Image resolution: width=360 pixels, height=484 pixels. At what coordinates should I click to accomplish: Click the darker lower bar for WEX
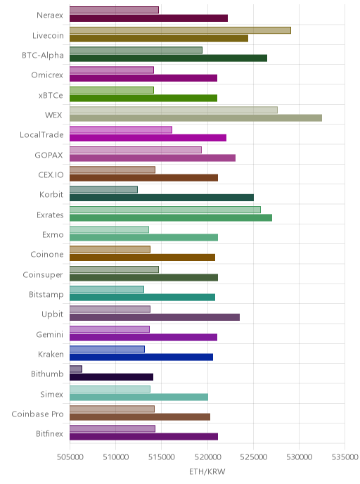(x=195, y=118)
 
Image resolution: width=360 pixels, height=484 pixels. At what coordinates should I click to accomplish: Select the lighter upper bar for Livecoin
(x=180, y=30)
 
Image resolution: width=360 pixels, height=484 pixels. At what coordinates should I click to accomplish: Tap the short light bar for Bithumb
(x=76, y=369)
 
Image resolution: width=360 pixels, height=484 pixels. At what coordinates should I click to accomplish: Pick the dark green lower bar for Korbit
(x=162, y=198)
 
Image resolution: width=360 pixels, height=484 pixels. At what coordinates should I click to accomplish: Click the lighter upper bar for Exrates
(x=165, y=210)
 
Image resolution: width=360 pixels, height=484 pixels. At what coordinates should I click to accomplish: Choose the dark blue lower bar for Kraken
(x=141, y=357)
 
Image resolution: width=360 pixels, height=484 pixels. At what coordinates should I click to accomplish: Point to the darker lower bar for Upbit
(x=155, y=317)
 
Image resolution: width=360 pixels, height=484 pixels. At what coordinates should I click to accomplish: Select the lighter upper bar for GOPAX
(x=136, y=150)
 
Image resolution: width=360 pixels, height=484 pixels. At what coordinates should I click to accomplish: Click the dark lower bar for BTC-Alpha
(x=169, y=58)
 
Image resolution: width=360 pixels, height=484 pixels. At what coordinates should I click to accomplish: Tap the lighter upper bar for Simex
(x=110, y=389)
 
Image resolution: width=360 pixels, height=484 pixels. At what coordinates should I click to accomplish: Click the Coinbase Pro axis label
(x=38, y=414)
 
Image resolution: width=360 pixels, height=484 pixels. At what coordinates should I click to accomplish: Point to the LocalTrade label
(x=41, y=135)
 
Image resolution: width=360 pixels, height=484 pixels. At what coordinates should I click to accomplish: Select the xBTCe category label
(x=51, y=95)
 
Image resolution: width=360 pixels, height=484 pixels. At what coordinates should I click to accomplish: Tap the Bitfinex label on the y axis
(x=49, y=433)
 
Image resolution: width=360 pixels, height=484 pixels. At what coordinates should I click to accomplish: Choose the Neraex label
(x=50, y=15)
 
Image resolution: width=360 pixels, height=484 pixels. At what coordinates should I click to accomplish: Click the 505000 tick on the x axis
(x=70, y=457)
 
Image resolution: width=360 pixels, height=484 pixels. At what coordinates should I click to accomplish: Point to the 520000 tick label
(x=207, y=457)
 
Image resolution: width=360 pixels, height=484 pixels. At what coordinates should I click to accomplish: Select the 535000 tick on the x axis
(x=345, y=457)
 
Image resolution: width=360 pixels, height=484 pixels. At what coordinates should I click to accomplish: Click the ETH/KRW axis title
(x=207, y=471)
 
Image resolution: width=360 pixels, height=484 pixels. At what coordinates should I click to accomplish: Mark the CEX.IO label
(x=51, y=174)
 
